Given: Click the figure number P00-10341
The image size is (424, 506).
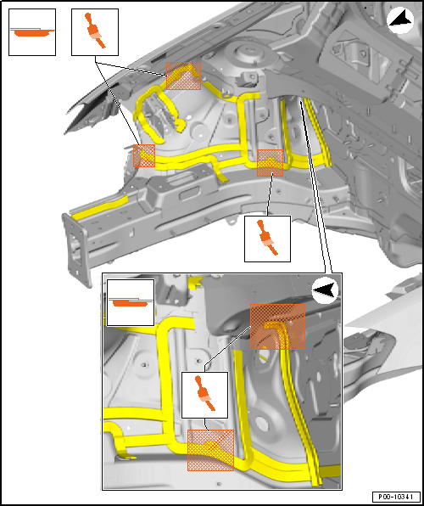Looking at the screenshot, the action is pyautogui.click(x=396, y=497).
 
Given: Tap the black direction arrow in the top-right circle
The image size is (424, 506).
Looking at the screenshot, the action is pyautogui.click(x=401, y=21).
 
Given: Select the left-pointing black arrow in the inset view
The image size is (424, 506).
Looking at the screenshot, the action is pyautogui.click(x=325, y=290).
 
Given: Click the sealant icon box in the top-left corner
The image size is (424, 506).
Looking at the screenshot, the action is pyautogui.click(x=32, y=32).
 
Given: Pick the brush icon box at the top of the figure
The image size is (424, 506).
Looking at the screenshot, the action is pyautogui.click(x=95, y=32).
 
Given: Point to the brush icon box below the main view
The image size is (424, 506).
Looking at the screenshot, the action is pyautogui.click(x=267, y=239).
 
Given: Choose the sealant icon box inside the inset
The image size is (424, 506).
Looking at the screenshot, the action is pyautogui.click(x=131, y=302).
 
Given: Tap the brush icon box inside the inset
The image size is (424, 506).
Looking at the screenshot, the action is pyautogui.click(x=204, y=395).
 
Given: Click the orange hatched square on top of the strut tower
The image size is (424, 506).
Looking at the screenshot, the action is pyautogui.click(x=183, y=76).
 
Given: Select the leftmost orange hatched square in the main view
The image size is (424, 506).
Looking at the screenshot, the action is pyautogui.click(x=144, y=156).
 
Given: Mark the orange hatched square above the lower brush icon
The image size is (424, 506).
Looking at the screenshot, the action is pyautogui.click(x=270, y=163).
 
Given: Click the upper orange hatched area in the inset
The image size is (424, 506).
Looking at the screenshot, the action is pyautogui.click(x=277, y=327).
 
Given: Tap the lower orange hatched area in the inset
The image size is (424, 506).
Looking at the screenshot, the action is pyautogui.click(x=210, y=450).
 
